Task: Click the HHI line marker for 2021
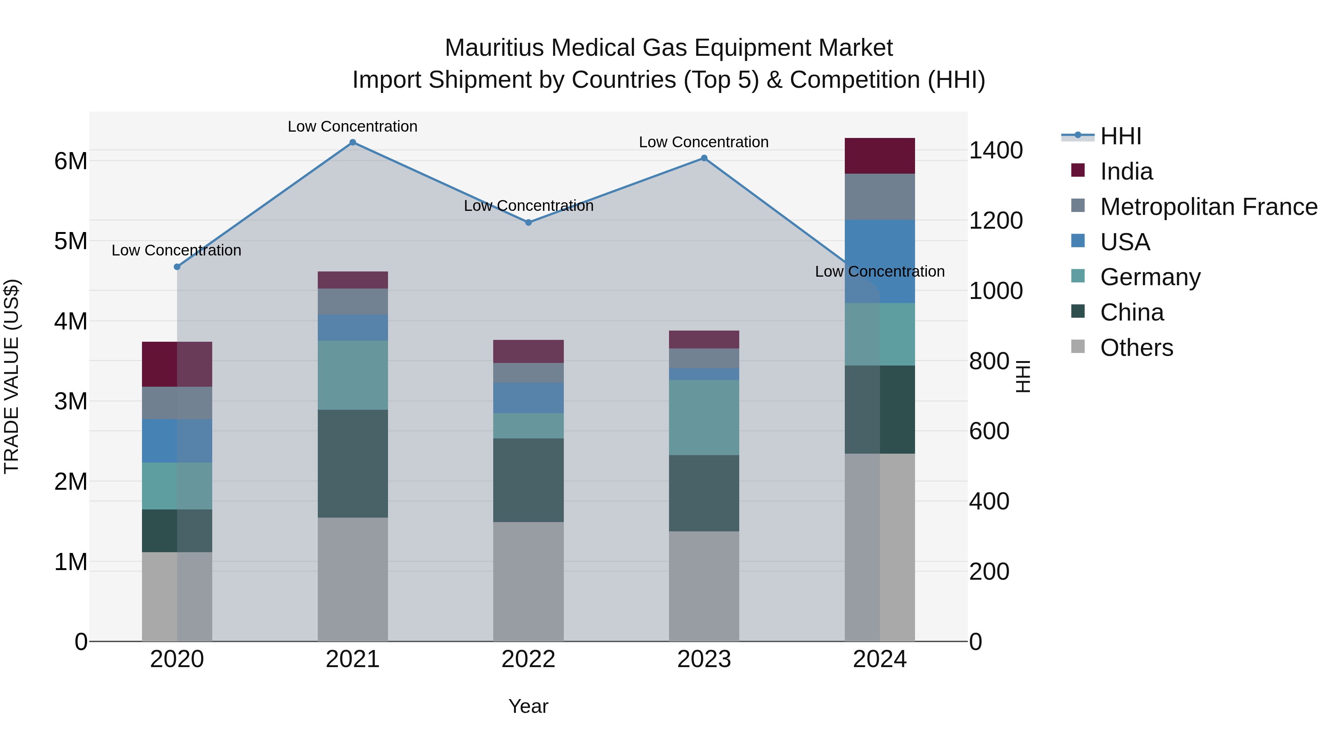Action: tap(353, 142)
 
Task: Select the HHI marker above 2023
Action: tap(704, 158)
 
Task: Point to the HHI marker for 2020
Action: tap(177, 267)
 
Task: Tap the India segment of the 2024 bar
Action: tap(879, 156)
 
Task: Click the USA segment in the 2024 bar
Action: tap(879, 261)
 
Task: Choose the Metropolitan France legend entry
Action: tap(1208, 207)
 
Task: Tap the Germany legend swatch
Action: tap(1078, 276)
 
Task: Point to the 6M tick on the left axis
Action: tap(71, 161)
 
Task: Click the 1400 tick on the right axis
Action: tap(996, 150)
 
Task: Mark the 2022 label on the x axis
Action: tap(528, 659)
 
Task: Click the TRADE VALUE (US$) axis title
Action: tap(12, 376)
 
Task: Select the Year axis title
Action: tap(528, 706)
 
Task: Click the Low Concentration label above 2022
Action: tap(528, 206)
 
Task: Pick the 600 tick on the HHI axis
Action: tap(989, 431)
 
